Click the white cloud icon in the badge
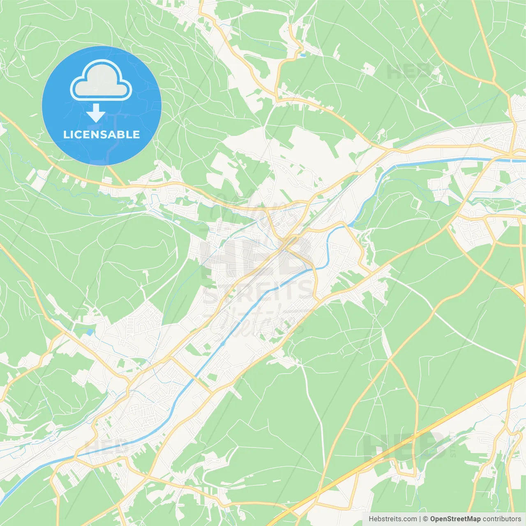[x=101, y=80]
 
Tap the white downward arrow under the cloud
[x=96, y=113]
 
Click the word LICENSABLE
[x=102, y=134]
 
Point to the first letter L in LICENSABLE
[x=66, y=134]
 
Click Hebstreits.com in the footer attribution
[x=392, y=519]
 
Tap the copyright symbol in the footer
[x=426, y=519]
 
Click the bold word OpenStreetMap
[x=455, y=519]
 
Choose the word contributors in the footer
[x=502, y=519]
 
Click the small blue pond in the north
[x=303, y=54]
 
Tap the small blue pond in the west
[x=90, y=331]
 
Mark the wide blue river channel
[x=247, y=312]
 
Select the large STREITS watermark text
[x=259, y=292]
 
